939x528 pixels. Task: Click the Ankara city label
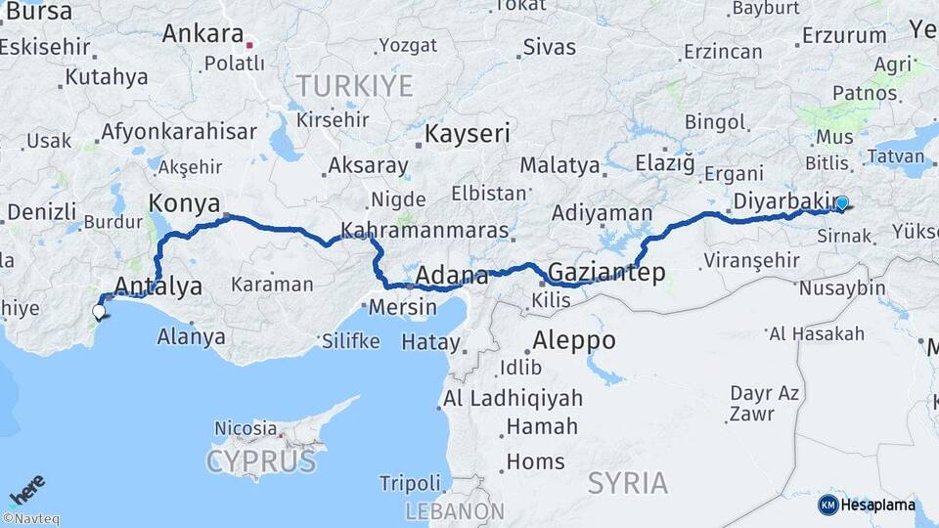[x=202, y=33]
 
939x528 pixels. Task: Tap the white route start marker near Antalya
[x=99, y=312]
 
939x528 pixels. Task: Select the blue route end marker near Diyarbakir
[x=841, y=203]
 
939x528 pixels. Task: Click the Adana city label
[x=452, y=275]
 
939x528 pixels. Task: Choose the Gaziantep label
[x=606, y=272]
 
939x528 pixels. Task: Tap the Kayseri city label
[x=468, y=132]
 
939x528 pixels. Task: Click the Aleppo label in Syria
[x=574, y=340]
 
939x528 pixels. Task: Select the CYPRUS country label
[x=261, y=461]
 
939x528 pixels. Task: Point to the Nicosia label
[x=245, y=428]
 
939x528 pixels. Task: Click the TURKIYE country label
[x=355, y=86]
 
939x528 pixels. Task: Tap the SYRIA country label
[x=628, y=482]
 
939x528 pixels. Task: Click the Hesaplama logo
[x=867, y=505]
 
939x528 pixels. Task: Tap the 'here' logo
[x=26, y=490]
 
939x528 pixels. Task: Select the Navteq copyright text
[x=30, y=519]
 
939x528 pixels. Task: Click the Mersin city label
[x=403, y=307]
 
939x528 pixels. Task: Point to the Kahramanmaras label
[x=425, y=232]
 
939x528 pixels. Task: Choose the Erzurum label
[x=843, y=36]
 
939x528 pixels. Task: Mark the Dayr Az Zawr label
[x=764, y=403]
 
